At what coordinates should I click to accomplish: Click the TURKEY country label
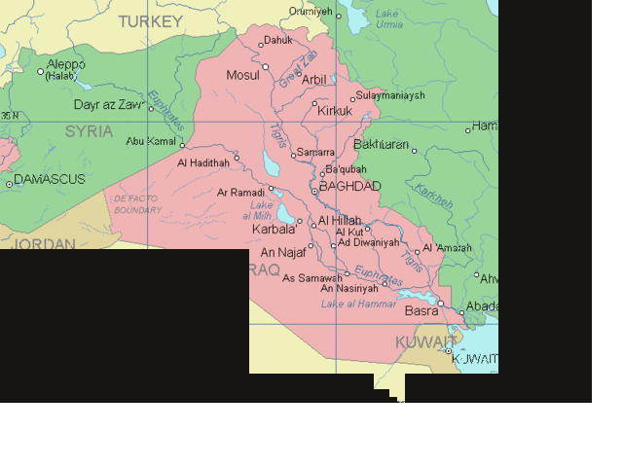[150, 20]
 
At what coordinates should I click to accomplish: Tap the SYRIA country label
[90, 131]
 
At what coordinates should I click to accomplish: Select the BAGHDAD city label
[349, 186]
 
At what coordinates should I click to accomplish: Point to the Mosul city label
[242, 75]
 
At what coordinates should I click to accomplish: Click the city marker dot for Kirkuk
[314, 102]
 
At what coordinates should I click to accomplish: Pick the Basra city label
[421, 311]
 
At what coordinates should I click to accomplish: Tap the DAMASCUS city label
[50, 179]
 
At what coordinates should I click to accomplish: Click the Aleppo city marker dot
[41, 71]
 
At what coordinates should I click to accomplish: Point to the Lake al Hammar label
[358, 304]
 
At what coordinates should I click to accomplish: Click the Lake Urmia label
[388, 18]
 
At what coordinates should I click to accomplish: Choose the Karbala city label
[273, 230]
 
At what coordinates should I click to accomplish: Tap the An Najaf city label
[283, 252]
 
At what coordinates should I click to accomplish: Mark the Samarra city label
[315, 153]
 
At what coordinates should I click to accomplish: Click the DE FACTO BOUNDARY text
[137, 204]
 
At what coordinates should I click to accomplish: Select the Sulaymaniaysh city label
[389, 95]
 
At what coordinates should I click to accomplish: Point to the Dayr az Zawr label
[109, 105]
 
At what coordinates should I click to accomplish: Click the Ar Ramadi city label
[240, 193]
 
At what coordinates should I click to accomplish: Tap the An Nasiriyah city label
[348, 288]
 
